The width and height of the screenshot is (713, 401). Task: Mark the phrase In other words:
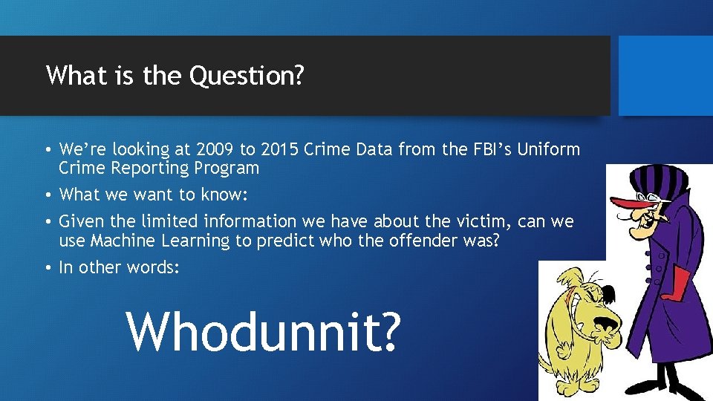point(119,267)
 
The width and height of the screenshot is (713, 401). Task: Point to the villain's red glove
point(677,284)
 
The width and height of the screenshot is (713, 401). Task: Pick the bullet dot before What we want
point(48,195)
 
